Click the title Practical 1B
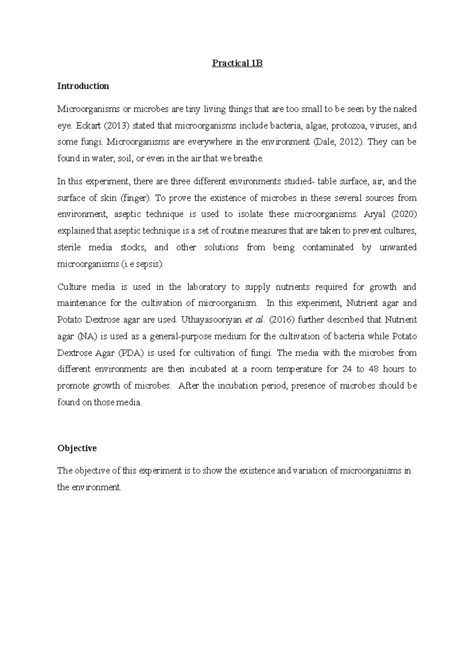coord(237,63)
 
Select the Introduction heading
coord(83,86)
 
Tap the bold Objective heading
coord(77,448)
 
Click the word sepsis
coord(149,264)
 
